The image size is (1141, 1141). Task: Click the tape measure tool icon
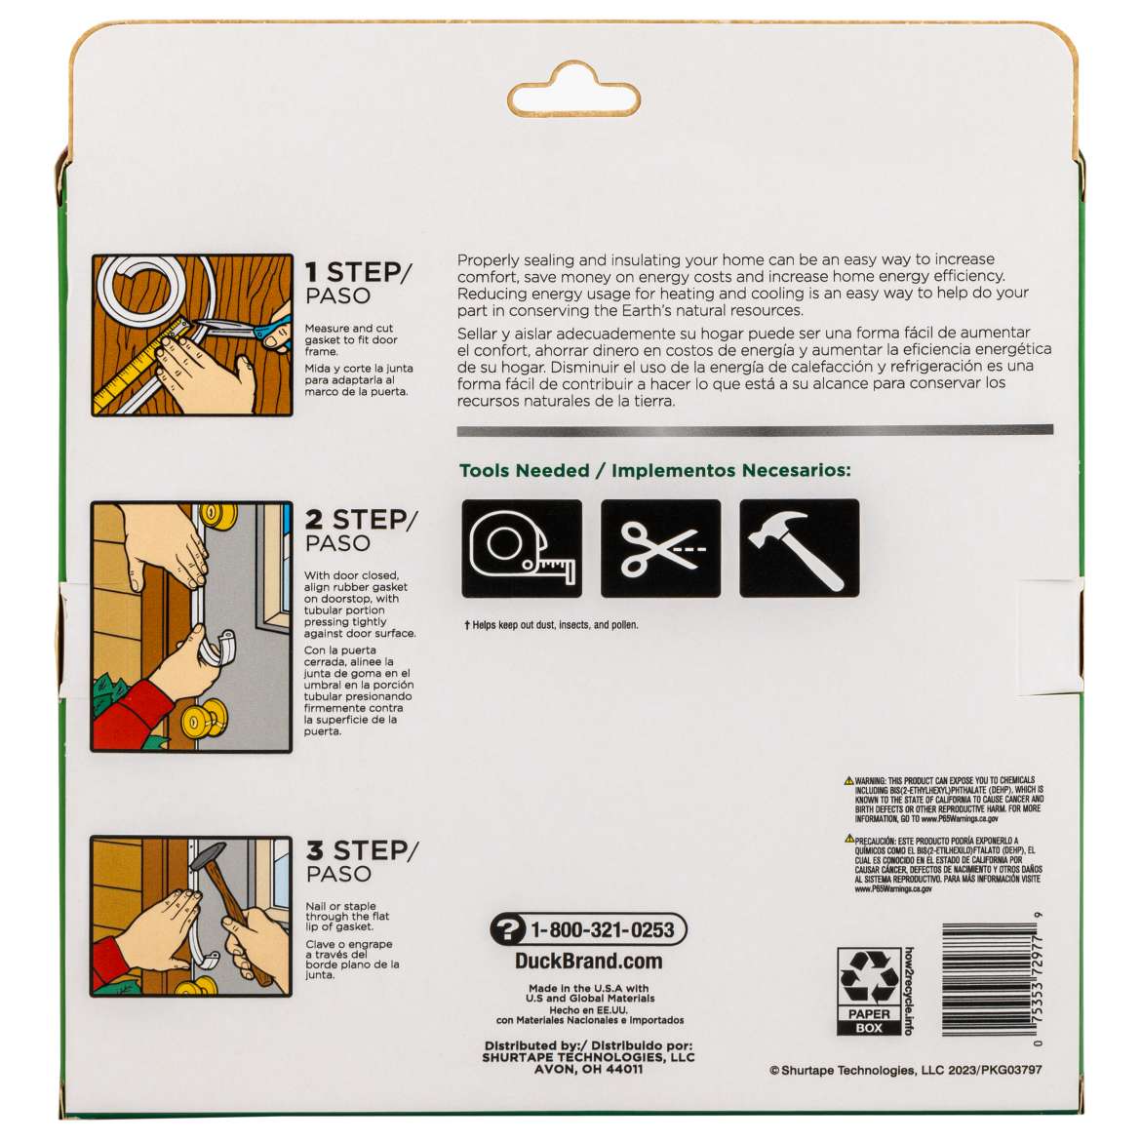522,548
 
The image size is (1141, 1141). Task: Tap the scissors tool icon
661,548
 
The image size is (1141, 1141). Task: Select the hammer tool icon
799,548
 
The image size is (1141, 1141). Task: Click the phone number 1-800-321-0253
603,929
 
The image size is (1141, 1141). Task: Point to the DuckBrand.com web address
589,962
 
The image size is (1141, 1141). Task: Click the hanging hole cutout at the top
573,90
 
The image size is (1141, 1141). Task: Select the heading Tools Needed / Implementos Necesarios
655,470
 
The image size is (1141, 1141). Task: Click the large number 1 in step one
311,272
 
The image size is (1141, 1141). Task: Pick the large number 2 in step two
314,520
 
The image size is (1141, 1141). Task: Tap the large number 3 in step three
314,850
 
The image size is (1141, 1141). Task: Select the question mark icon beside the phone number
508,930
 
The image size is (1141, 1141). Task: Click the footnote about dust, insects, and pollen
551,625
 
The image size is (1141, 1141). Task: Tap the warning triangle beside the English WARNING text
848,781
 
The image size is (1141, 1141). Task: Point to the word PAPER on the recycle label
869,1013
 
